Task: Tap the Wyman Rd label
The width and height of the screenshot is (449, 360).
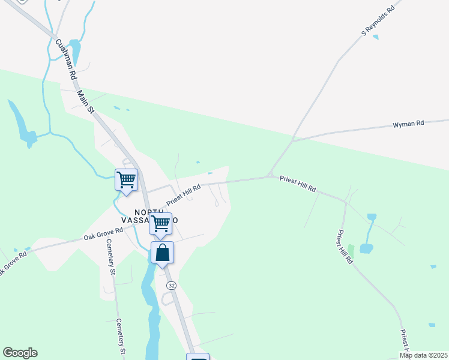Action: pos(408,124)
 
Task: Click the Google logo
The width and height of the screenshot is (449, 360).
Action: pos(20,353)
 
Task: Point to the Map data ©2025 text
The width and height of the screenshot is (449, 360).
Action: pos(423,355)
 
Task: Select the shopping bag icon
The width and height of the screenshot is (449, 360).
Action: pos(163,253)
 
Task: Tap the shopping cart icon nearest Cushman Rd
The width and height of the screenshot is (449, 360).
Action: pos(126,179)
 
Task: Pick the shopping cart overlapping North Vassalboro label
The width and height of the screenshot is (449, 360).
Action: pos(160,224)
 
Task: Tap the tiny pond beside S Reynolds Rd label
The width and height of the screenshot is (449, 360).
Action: pos(376,37)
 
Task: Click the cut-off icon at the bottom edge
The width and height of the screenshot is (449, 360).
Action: pos(197,357)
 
